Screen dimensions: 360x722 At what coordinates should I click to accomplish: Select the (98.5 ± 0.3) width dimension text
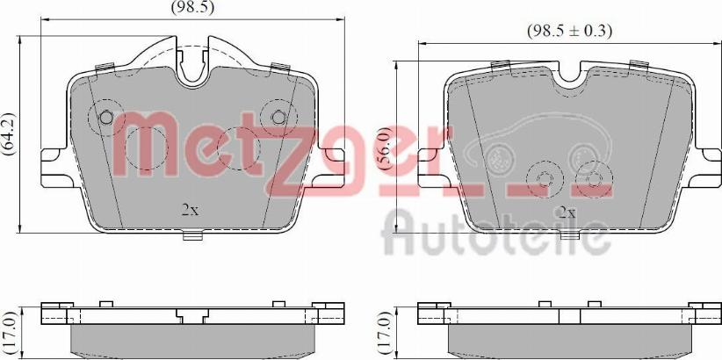point(568,30)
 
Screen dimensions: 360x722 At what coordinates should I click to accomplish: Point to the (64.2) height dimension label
point(10,134)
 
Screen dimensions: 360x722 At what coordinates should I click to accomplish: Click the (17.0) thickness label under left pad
point(10,330)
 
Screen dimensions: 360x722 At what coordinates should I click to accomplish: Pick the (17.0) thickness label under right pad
point(383,330)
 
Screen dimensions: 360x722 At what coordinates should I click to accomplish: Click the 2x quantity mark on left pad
point(190,210)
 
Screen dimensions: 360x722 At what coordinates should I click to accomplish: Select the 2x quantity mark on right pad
point(567,212)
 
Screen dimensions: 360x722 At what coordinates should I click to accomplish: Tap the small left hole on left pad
point(106,118)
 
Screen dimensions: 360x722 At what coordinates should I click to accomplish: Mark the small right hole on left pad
point(279,118)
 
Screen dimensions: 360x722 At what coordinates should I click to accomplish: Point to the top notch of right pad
point(568,75)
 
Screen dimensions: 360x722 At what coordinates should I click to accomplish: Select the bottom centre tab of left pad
point(192,234)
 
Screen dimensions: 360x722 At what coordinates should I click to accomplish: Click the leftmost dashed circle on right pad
point(544,180)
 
